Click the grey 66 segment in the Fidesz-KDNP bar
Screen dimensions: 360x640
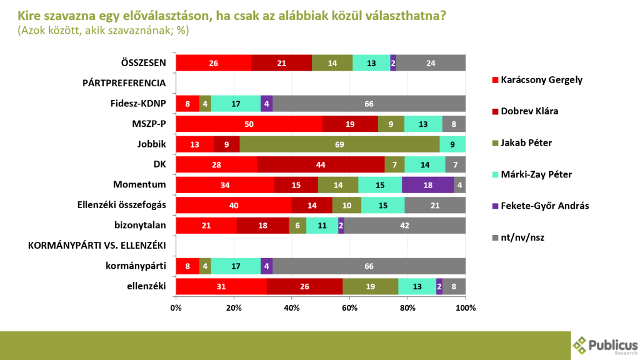coord(369,104)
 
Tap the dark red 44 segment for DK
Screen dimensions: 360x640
coord(321,164)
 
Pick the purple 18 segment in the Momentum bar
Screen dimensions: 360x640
coord(427,185)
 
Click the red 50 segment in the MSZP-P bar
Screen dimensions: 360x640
coord(249,124)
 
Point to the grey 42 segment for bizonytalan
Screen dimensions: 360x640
coord(405,226)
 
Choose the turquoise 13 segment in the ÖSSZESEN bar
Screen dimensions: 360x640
coord(371,63)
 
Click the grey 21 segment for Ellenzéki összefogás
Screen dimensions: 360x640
coord(435,205)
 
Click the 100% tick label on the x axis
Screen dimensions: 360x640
coord(466,308)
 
